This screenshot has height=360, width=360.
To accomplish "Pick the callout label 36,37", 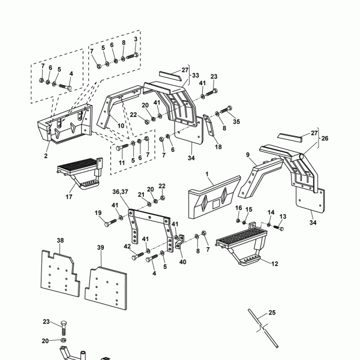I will pyautogui.click(x=120, y=191).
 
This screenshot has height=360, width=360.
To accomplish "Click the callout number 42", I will pyautogui.click(x=127, y=247).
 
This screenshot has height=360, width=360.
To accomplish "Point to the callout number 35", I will pyautogui.click(x=236, y=121).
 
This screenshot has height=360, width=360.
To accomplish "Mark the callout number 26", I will pyautogui.click(x=326, y=139).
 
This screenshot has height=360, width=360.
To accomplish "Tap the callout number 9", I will pyautogui.click(x=247, y=155).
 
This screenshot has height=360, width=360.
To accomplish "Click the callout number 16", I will pyautogui.click(x=238, y=208).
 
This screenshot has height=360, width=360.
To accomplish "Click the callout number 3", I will pyautogui.click(x=136, y=39).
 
